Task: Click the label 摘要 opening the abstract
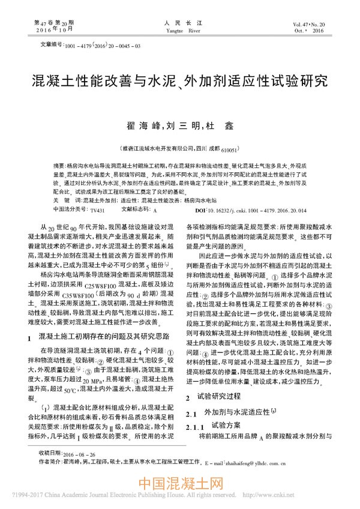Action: [59, 164]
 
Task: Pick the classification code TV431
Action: [97, 211]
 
